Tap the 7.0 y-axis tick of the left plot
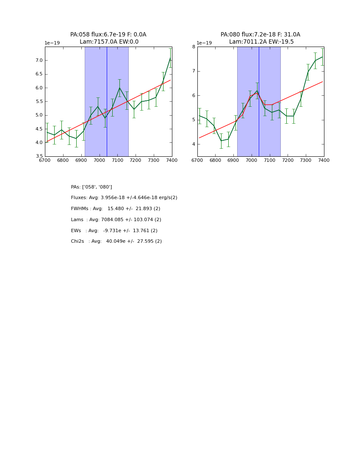39,60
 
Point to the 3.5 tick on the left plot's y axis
39,156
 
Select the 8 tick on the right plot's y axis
193,47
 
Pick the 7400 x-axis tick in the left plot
172,160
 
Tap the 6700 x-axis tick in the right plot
197,160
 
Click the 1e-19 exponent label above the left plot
52,43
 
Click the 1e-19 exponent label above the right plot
204,43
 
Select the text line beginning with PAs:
91,187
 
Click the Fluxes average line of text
124,198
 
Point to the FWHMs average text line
116,209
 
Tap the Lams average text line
116,220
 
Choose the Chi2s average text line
116,241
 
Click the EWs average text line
114,231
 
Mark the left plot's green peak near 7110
119,88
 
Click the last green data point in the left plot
170,58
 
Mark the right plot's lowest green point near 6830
221,141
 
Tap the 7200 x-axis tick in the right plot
288,160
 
